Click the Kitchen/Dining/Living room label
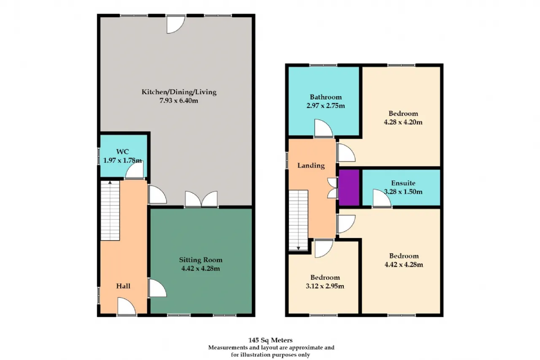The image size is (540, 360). (179, 92)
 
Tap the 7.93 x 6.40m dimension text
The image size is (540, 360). (178, 100)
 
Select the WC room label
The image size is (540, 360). (122, 152)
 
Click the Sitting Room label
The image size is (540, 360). (200, 260)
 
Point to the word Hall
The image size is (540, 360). (123, 286)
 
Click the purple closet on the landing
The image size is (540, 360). (349, 187)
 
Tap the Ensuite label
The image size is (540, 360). (403, 183)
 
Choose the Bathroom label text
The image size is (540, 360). (326, 97)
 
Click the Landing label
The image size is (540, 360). (311, 166)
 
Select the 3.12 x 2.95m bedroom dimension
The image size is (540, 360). (325, 286)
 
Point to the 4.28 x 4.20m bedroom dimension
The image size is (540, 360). (403, 122)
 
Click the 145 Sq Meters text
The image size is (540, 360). (270, 340)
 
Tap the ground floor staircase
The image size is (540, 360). (110, 211)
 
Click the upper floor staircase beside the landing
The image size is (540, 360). (298, 220)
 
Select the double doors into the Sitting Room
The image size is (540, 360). (201, 199)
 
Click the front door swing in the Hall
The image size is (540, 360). (127, 306)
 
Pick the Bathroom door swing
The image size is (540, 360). (324, 128)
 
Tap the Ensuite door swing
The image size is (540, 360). (382, 198)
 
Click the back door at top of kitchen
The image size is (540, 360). (176, 24)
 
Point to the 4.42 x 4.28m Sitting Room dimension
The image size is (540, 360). (200, 268)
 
